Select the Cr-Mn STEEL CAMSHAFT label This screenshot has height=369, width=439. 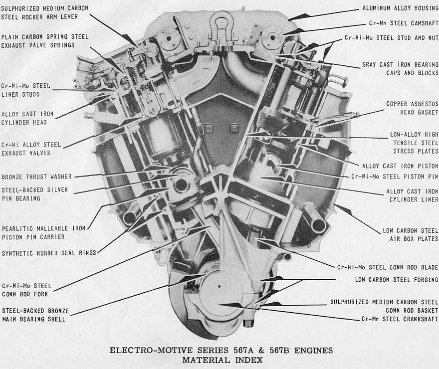[x=404, y=23]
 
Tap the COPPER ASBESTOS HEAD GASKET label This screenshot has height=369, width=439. [x=412, y=108]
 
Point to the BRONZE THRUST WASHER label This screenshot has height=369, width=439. [x=36, y=177]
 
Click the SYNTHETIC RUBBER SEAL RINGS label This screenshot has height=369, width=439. [x=49, y=253]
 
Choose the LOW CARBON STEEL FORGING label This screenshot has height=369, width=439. [x=397, y=280]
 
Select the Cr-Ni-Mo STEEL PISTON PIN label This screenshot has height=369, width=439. [x=394, y=176]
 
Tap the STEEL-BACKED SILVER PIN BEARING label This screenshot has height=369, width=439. [x=35, y=194]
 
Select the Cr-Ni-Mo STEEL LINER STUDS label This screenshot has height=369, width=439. [x=26, y=90]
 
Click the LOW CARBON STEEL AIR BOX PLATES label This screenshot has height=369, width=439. [x=410, y=235]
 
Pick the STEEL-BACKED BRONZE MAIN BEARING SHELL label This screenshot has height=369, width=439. [x=35, y=315]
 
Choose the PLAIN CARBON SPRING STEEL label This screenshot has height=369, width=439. [x=45, y=37]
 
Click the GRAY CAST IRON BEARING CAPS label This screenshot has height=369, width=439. [x=400, y=68]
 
